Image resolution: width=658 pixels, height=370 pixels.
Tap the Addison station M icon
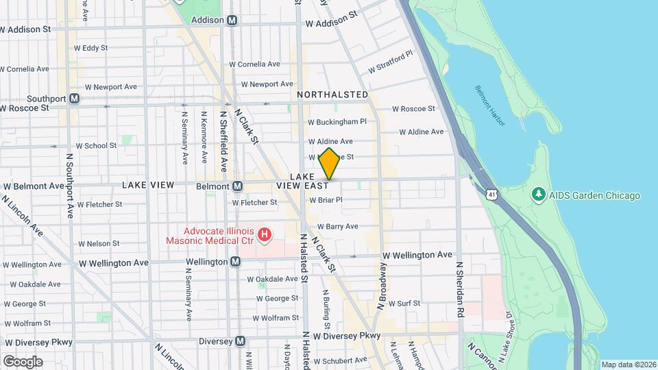point(232,20)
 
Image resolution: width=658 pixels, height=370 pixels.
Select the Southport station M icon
point(74,99)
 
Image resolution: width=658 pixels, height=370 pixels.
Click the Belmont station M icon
point(237,186)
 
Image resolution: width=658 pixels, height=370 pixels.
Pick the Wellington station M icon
point(236,262)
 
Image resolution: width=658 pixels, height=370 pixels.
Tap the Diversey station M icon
point(240,341)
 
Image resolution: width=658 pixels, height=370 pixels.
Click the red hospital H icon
point(265,236)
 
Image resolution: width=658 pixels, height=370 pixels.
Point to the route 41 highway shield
point(493,196)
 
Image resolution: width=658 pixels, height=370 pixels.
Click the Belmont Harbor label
point(489,106)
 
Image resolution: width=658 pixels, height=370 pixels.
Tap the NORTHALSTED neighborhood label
point(332,95)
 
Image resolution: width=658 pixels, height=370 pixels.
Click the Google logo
point(23,361)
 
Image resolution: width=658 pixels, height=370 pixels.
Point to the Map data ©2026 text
point(629,365)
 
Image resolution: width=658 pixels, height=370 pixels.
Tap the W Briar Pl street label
point(326,200)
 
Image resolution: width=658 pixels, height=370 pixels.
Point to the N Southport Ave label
point(70,185)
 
